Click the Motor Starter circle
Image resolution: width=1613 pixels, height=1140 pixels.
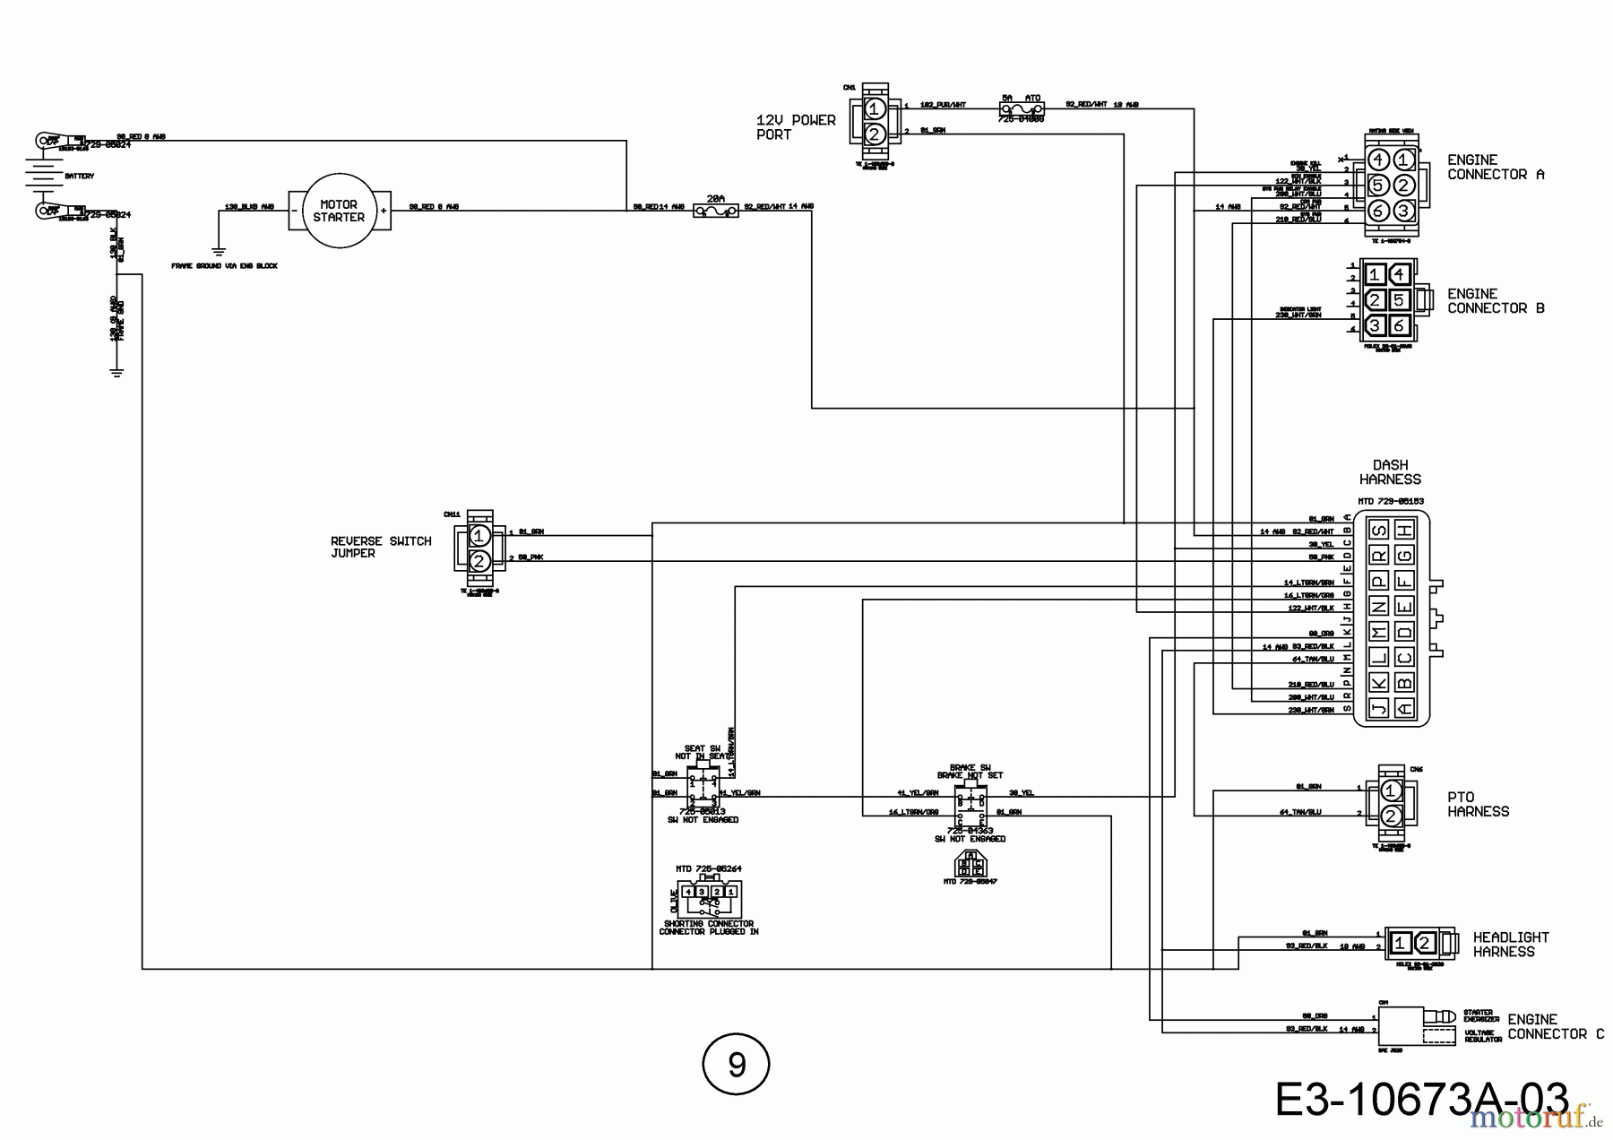pyautogui.click(x=339, y=212)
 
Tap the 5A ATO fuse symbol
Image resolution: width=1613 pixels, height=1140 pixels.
pyautogui.click(x=1022, y=108)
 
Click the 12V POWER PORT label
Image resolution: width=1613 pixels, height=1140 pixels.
pyautogui.click(x=795, y=127)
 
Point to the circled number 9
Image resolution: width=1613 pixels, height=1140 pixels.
pyautogui.click(x=736, y=1065)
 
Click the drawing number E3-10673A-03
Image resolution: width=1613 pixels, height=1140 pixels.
pyautogui.click(x=1421, y=1100)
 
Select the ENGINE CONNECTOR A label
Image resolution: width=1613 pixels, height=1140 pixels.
pyautogui.click(x=1496, y=168)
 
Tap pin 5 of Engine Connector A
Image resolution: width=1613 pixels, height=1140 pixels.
pyautogui.click(x=1379, y=186)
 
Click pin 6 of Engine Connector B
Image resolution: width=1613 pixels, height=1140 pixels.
pyautogui.click(x=1399, y=326)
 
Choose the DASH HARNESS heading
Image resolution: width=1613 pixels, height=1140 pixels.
pyautogui.click(x=1390, y=472)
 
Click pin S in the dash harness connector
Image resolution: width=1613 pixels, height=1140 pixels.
pyautogui.click(x=1379, y=531)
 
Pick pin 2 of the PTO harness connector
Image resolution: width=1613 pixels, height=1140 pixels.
pyautogui.click(x=1390, y=816)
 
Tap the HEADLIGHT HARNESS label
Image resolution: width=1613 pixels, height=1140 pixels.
pyautogui.click(x=1511, y=945)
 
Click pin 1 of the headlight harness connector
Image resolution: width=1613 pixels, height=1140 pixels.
pyautogui.click(x=1401, y=943)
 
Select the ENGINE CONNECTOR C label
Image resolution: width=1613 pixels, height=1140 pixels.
pyautogui.click(x=1555, y=1027)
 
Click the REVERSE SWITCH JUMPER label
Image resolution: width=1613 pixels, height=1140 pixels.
pyautogui.click(x=380, y=547)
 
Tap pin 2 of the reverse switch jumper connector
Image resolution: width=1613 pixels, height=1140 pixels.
pyautogui.click(x=479, y=561)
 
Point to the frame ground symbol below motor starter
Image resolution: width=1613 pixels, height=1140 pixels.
pyautogui.click(x=217, y=252)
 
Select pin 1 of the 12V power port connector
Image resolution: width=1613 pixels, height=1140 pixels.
pyautogui.click(x=875, y=109)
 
